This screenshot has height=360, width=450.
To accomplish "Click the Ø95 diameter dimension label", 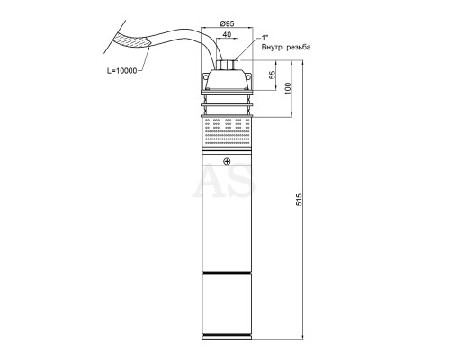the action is tap(227, 23).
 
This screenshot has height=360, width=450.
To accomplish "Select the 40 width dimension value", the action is tap(227, 34).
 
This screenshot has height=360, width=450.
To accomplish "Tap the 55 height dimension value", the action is tap(273, 75).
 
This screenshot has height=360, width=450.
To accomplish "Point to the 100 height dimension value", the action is tap(288, 88).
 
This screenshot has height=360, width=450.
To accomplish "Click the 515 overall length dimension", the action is tap(300, 200).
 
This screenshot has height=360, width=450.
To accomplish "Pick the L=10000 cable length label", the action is tap(121, 71).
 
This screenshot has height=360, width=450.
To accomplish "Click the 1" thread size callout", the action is tap(265, 38).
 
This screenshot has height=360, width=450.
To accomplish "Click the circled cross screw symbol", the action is tap(227, 162).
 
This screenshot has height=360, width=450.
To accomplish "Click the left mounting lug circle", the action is tap(206, 77).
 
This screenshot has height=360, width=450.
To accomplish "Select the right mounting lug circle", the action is tap(248, 77).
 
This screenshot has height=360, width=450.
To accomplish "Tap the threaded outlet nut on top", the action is tap(227, 65).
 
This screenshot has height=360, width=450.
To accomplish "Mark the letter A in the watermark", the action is tap(209, 182).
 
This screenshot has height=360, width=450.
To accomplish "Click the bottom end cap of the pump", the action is tap(227, 337).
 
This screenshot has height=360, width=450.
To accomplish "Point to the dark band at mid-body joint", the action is tap(227, 273).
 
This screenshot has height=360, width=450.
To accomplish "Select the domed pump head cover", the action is tap(227, 79).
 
